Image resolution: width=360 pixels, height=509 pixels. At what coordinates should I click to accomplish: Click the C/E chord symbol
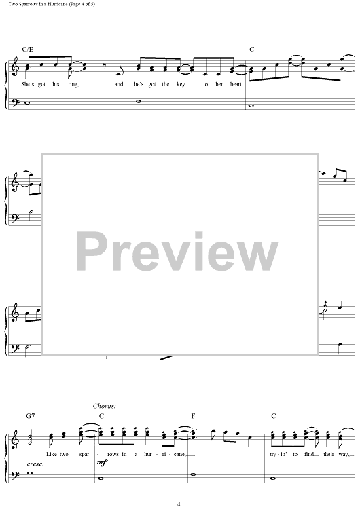(28, 50)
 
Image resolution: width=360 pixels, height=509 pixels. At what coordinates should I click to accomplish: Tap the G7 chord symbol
(30, 416)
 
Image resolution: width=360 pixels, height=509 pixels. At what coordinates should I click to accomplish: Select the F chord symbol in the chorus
(193, 416)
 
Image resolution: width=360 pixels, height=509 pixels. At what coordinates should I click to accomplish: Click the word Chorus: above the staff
(105, 406)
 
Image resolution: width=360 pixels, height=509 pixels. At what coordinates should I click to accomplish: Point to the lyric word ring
(73, 84)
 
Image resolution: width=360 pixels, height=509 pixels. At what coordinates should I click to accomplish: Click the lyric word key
(180, 84)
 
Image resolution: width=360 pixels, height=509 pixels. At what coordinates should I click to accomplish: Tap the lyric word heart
(236, 84)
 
